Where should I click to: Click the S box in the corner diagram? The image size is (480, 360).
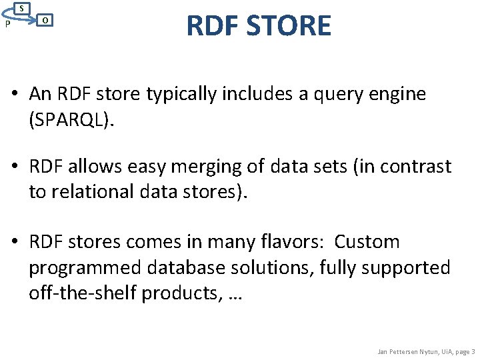tap(22, 8)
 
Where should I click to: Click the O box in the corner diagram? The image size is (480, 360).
tap(44, 20)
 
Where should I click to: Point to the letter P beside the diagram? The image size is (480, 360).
tap(7, 24)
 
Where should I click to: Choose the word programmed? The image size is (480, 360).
tap(84, 267)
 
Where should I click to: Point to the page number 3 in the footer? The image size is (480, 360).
tap(473, 351)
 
